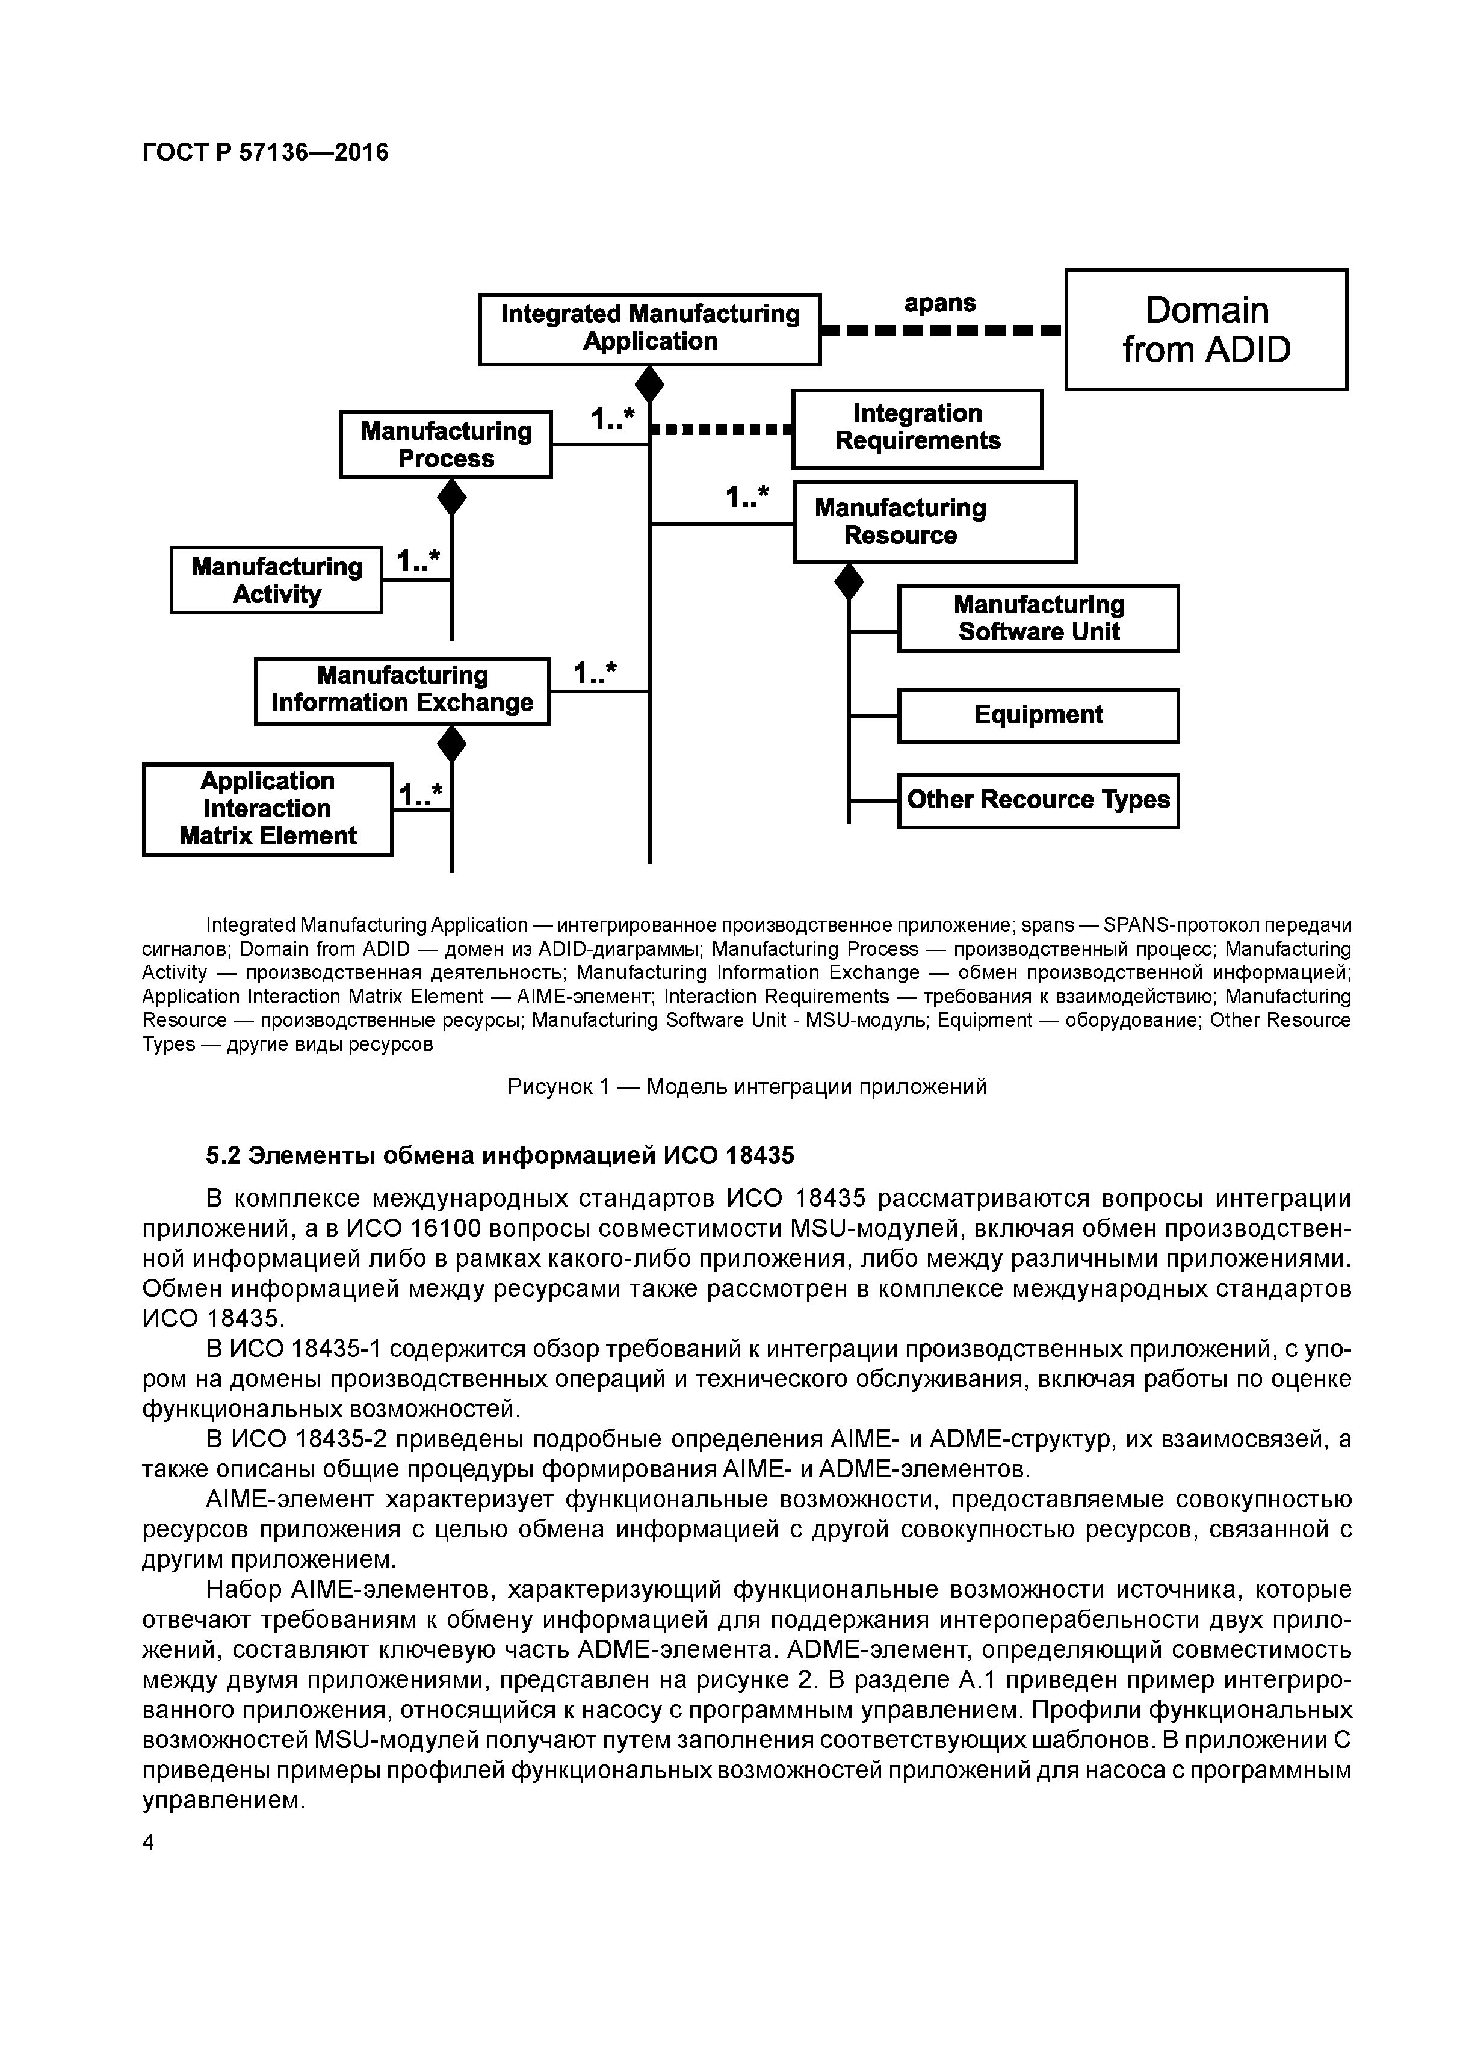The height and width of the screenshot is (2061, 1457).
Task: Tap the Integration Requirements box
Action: (x=917, y=428)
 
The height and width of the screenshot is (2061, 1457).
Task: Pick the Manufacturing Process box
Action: (x=445, y=444)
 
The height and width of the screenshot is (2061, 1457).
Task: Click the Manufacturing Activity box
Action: (x=276, y=580)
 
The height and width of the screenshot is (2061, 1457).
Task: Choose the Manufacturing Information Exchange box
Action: (x=402, y=690)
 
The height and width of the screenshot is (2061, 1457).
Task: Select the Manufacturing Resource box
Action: (x=935, y=522)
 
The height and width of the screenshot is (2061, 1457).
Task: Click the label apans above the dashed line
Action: (x=940, y=303)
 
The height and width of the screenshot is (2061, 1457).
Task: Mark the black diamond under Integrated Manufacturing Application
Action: (x=649, y=384)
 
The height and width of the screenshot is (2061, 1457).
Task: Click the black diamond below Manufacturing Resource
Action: (x=849, y=582)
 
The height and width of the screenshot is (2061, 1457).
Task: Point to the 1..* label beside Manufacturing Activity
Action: (x=418, y=562)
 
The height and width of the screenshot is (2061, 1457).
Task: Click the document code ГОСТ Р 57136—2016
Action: (x=266, y=153)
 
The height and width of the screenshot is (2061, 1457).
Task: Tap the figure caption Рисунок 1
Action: (x=747, y=1086)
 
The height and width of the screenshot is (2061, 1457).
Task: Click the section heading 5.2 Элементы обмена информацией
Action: (x=500, y=1155)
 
